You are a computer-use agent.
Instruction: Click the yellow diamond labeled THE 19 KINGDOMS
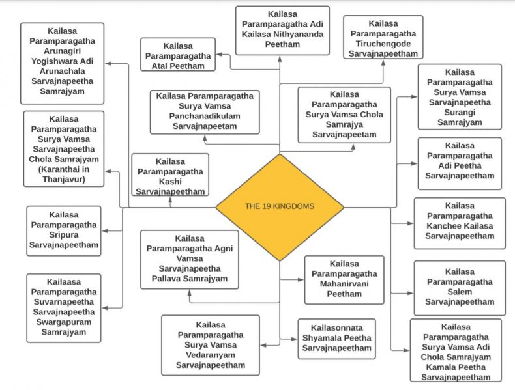(x=280, y=207)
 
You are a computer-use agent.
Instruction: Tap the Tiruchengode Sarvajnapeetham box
(x=383, y=38)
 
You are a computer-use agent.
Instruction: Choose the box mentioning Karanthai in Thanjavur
(x=63, y=148)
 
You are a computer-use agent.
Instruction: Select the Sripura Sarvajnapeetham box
(x=64, y=230)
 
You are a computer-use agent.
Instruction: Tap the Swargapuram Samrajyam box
(x=64, y=307)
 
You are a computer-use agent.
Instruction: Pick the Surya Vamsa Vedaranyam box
(x=210, y=345)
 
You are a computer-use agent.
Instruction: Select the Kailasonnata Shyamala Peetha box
(x=336, y=339)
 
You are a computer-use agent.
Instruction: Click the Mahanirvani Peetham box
(x=344, y=279)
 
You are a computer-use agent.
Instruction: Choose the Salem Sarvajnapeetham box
(x=459, y=287)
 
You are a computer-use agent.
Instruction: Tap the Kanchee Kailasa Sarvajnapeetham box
(x=459, y=223)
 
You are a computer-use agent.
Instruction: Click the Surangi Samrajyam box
(x=459, y=96)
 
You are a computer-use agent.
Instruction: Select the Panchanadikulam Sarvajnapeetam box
(x=205, y=111)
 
